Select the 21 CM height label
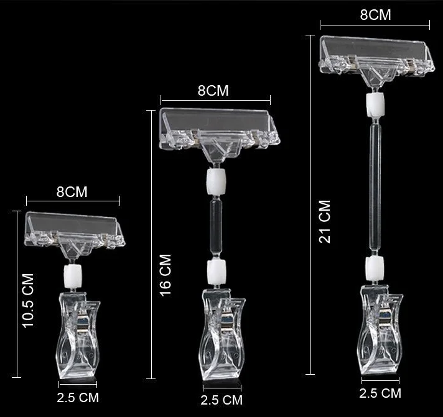325,221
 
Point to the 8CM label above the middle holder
213,91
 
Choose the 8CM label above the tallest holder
375,15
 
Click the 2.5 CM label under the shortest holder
78,396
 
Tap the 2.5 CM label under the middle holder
222,400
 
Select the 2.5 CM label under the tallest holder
380,393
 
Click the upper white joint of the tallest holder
375,104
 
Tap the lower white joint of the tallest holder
375,267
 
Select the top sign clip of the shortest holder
72,227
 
